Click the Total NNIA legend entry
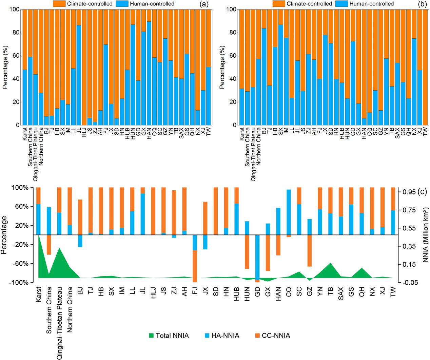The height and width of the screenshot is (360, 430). click(x=169, y=336)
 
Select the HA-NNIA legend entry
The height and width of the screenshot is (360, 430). click(x=222, y=336)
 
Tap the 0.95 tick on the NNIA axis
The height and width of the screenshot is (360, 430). click(x=409, y=192)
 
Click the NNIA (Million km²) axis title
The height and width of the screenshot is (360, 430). click(x=426, y=235)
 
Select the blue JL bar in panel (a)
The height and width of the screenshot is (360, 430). click(x=79, y=75)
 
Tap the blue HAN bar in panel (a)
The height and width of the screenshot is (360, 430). click(x=149, y=73)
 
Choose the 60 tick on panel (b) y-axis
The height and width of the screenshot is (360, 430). click(x=233, y=56)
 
